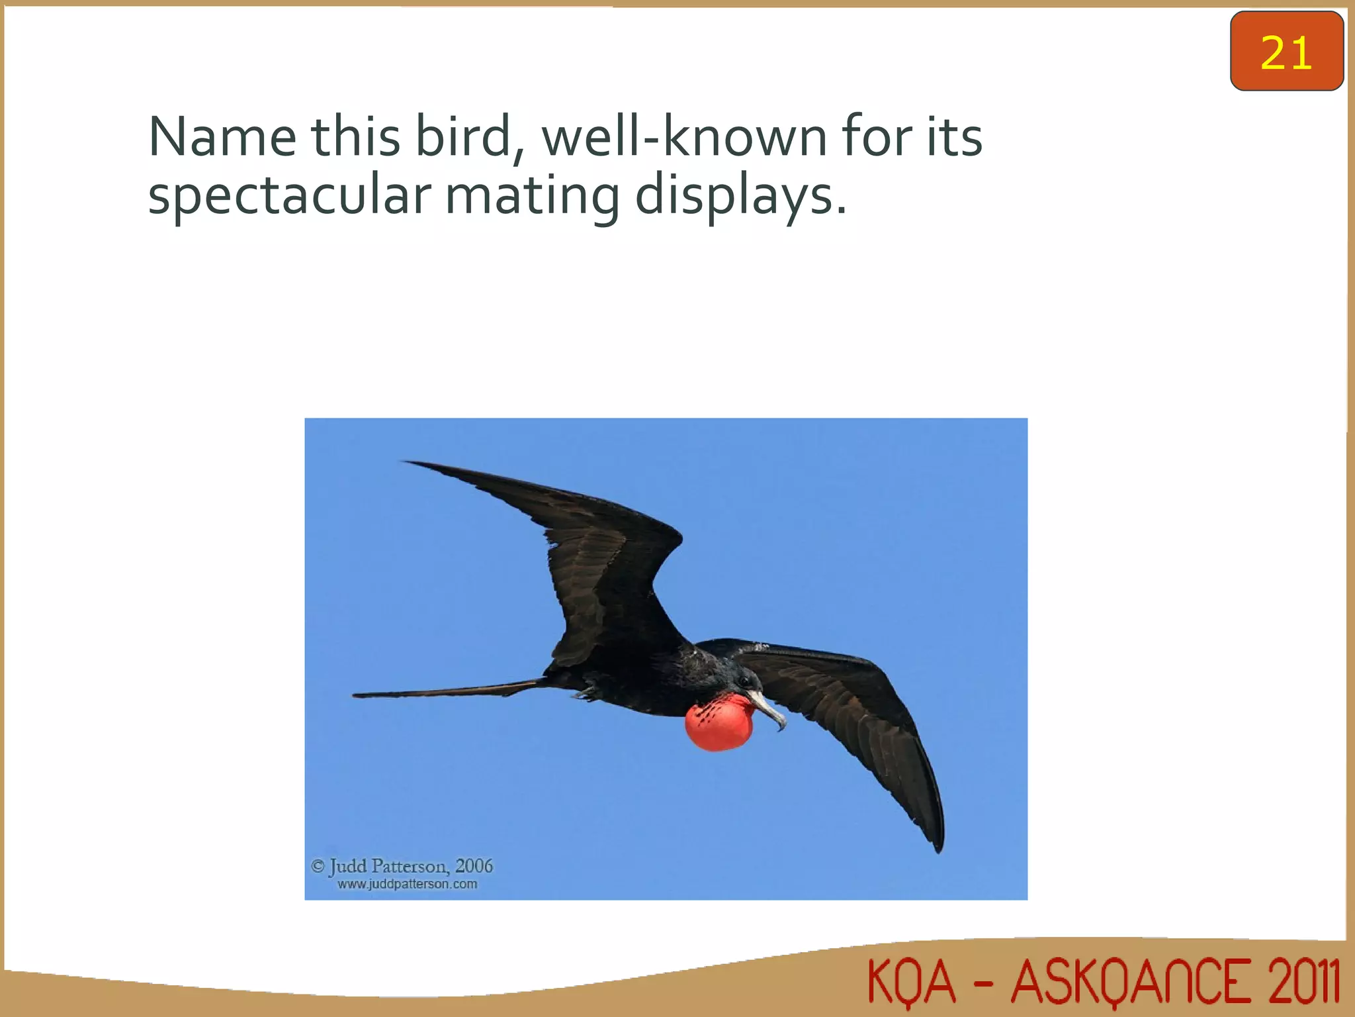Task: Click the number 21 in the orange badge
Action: (x=1286, y=52)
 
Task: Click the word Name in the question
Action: (x=222, y=137)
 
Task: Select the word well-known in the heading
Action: (x=683, y=137)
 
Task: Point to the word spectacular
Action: (x=290, y=197)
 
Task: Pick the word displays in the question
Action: (x=740, y=197)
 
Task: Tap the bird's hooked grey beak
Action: (x=769, y=708)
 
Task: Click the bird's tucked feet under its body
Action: (x=585, y=693)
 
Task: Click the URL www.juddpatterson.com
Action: (x=407, y=885)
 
